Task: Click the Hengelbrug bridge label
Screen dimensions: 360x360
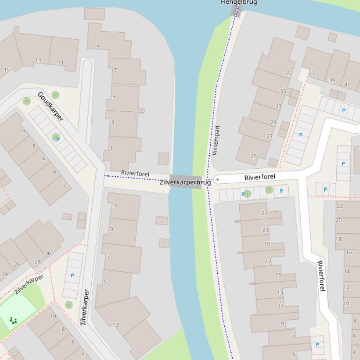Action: (239, 2)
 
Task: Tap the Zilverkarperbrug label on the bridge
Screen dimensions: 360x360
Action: (185, 182)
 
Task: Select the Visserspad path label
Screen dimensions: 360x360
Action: (216, 140)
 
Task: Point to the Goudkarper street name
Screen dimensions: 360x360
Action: (50, 106)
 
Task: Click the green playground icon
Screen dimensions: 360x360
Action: (13, 320)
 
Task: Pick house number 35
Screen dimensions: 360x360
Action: (287, 73)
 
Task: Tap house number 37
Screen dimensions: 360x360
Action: (311, 73)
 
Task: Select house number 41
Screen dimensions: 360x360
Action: (347, 85)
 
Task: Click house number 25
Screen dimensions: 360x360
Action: (254, 156)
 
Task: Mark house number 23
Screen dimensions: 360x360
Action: (264, 213)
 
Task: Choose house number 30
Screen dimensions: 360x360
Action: (48, 253)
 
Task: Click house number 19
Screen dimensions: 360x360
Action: (266, 244)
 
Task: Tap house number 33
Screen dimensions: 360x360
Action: (283, 91)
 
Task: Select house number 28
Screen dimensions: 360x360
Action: (37, 262)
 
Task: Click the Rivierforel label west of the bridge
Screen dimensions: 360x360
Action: (135, 173)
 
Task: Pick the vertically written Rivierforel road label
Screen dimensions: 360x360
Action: (321, 276)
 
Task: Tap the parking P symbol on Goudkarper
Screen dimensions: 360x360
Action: (58, 140)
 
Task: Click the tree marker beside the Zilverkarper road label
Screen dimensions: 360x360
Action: (69, 305)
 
